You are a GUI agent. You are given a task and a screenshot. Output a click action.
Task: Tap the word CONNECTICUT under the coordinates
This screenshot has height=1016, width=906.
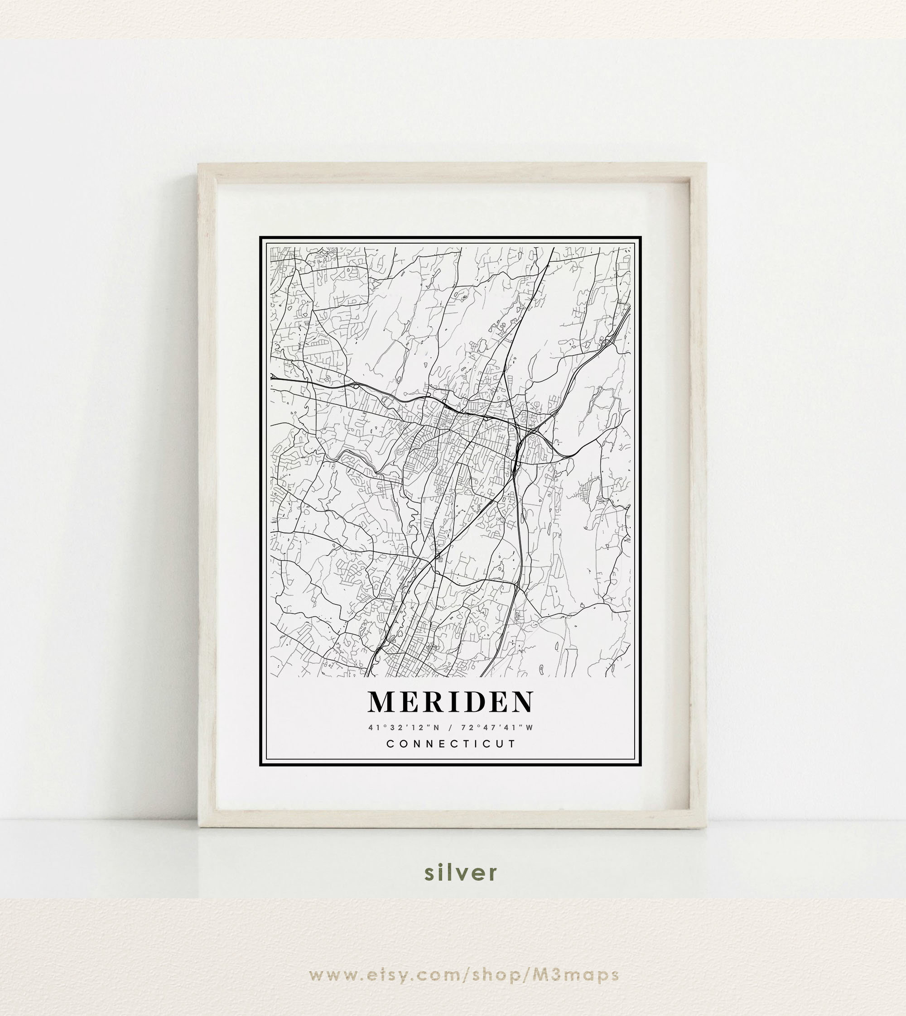tap(452, 744)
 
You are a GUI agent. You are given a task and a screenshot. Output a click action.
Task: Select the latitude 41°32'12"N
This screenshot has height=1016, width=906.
tap(404, 728)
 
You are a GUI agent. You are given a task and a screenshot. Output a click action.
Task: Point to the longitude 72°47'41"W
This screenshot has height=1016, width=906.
tap(497, 728)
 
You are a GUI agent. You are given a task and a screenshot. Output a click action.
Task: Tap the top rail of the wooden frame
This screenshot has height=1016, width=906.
tap(452, 171)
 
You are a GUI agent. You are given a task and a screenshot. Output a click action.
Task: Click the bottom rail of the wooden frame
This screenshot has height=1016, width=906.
tap(452, 818)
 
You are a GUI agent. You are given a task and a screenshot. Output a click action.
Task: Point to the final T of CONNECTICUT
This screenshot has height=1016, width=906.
tap(512, 744)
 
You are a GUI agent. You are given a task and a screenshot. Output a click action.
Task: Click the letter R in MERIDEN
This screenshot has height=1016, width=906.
tap(430, 701)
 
